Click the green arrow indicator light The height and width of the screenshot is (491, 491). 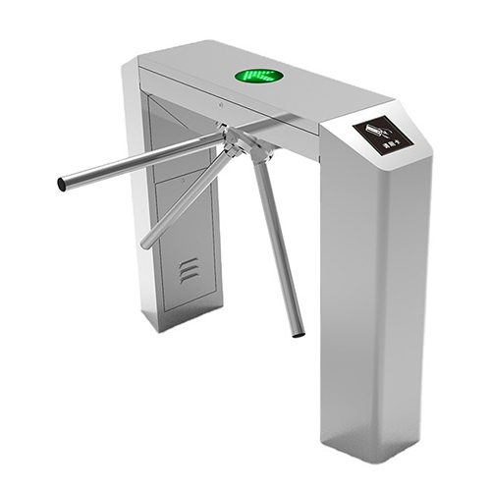pyautogui.click(x=259, y=75)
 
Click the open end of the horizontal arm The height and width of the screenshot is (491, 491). pyautogui.click(x=62, y=184)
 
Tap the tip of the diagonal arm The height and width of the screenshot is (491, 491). pyautogui.click(x=145, y=244)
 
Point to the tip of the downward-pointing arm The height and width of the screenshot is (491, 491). pyautogui.click(x=299, y=333)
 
